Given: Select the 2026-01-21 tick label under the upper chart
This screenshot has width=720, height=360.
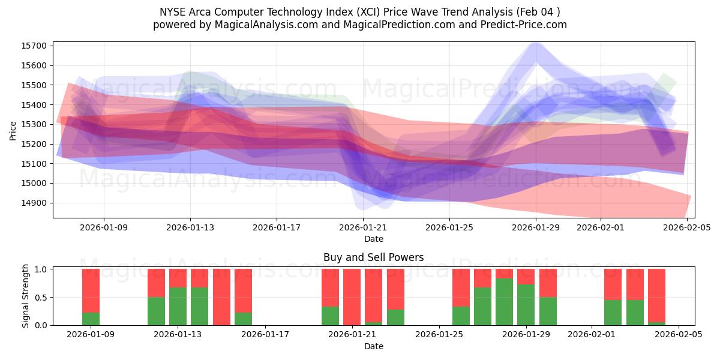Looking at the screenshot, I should click(363, 227).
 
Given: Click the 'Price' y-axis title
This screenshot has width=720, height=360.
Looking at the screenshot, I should click(13, 130).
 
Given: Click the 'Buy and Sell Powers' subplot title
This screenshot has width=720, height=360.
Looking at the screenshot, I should click(373, 257).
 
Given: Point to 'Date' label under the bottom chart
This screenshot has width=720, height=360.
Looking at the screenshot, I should click(373, 346).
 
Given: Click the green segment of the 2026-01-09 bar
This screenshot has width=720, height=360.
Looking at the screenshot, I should click(91, 319).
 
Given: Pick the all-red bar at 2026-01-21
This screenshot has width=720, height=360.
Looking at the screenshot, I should click(352, 296).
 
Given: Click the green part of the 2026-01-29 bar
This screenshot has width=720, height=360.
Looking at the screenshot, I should click(526, 304).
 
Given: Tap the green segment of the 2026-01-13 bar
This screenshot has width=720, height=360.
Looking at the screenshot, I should click(178, 306).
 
